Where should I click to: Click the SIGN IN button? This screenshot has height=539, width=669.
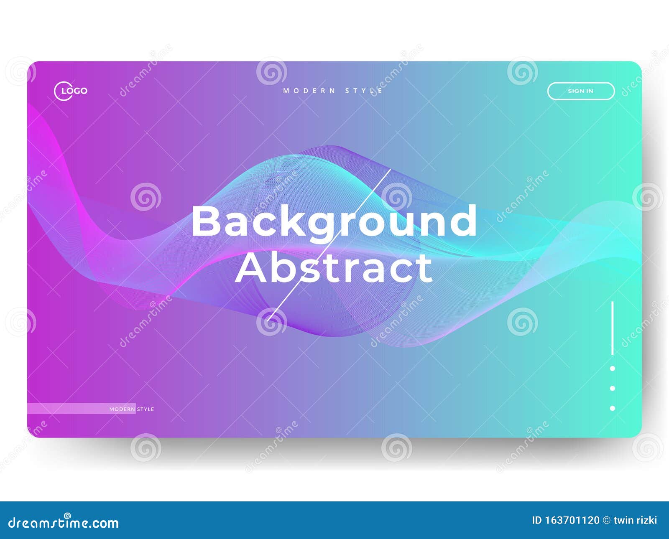click(x=581, y=91)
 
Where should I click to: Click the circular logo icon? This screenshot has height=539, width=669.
click(x=63, y=91)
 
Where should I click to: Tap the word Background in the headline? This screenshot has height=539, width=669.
click(x=334, y=221)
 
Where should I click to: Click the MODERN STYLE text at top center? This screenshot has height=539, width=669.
click(x=333, y=91)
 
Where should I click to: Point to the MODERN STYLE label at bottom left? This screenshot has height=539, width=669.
click(x=132, y=409)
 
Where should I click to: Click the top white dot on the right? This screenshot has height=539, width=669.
click(x=613, y=369)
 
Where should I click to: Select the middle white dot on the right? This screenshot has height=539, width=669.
click(x=613, y=389)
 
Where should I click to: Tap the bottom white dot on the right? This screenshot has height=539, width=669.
click(x=613, y=408)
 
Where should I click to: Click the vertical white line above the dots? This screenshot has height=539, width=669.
click(x=613, y=328)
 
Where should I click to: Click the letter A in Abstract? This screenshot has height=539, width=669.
click(x=252, y=268)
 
